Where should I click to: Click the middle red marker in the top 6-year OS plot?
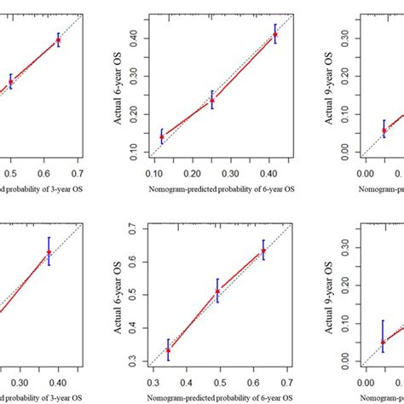[x=212, y=100]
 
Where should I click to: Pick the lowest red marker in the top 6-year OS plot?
[x=162, y=136]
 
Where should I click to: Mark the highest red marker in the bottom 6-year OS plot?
[x=263, y=251]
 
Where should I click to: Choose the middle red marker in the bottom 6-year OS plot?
[x=217, y=291]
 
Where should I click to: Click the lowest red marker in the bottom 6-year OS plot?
[x=168, y=349]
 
